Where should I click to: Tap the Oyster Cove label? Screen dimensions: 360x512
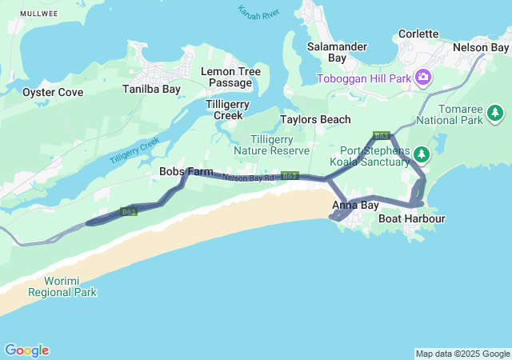pos(53,92)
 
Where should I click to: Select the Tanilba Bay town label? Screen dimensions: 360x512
pos(151,89)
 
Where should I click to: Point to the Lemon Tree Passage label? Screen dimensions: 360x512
pos(230,77)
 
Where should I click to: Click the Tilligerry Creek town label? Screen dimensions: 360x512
pos(228,110)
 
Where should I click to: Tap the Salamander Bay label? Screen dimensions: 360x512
pos(338,52)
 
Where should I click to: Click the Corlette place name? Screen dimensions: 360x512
pos(418,34)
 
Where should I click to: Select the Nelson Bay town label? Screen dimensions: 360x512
pos(480,47)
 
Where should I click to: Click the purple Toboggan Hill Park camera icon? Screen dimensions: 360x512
pos(422,78)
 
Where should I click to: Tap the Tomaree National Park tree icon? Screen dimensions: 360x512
pos(496,111)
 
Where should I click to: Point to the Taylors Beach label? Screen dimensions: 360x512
pos(315,119)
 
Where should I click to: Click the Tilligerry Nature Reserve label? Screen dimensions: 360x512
pos(271,145)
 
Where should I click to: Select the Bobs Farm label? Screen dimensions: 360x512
pos(186,171)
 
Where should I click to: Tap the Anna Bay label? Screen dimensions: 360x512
pos(355,206)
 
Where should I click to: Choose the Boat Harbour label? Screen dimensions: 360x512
pos(411,218)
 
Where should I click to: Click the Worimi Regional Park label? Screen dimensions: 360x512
pos(62,286)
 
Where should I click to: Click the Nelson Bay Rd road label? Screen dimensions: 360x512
pos(249,178)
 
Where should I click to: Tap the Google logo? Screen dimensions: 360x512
pos(26,350)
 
